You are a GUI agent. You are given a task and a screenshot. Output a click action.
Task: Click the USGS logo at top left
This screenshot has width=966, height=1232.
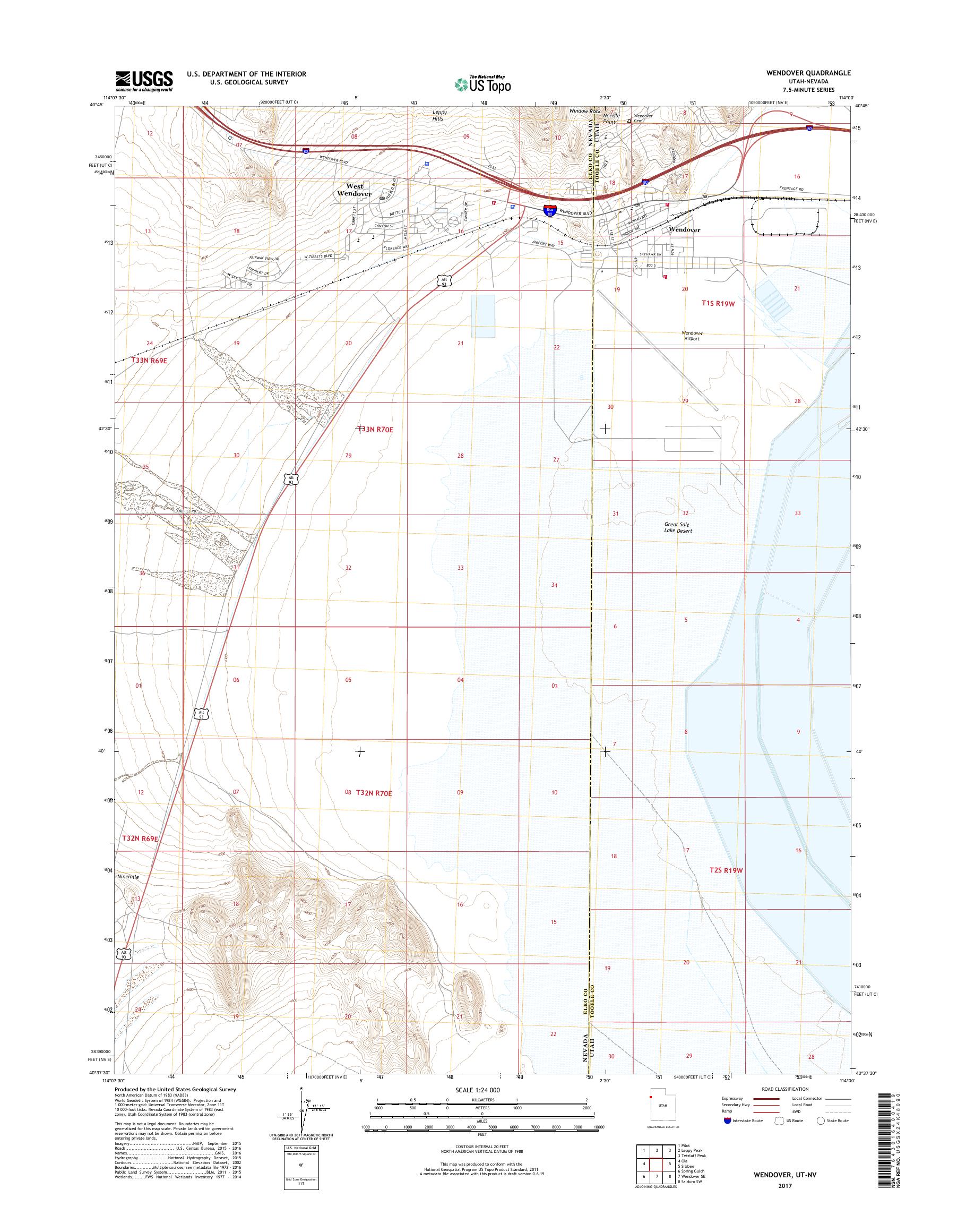[x=144, y=81]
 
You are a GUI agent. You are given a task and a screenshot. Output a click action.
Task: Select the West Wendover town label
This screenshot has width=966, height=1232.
[x=355, y=190]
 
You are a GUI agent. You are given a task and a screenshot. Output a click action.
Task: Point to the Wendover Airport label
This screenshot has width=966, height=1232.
[x=691, y=336]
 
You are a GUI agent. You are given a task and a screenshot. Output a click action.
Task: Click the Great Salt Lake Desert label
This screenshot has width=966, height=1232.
[x=678, y=527]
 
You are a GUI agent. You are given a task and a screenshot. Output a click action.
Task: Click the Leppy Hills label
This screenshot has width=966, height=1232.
[x=439, y=115]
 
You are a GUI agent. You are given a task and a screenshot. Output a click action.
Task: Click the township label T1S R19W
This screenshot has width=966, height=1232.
[x=718, y=303]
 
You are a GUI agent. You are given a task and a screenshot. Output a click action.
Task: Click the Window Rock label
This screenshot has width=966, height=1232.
[x=585, y=111]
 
